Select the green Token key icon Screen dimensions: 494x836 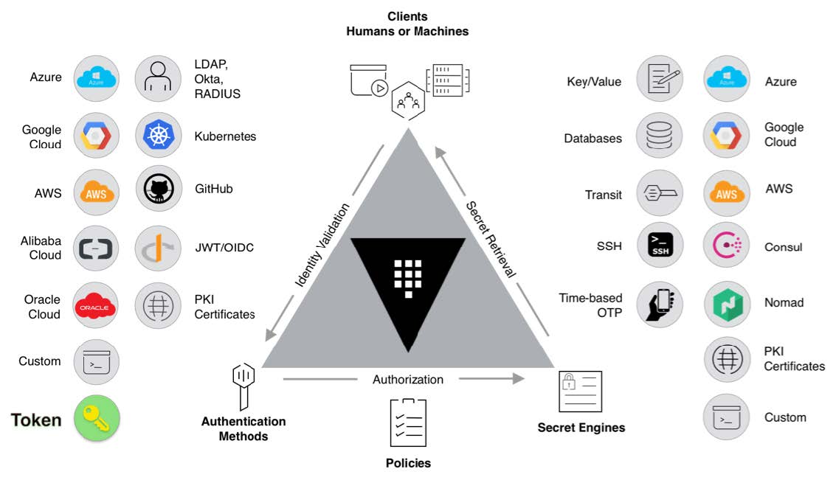pyautogui.click(x=97, y=418)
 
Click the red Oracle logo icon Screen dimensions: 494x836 pyautogui.click(x=97, y=305)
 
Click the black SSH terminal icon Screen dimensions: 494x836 pyautogui.click(x=659, y=246)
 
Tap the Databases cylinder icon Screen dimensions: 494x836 pyautogui.click(x=659, y=137)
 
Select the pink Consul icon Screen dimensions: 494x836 pyautogui.click(x=726, y=246)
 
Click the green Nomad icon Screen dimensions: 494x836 pyautogui.click(x=726, y=303)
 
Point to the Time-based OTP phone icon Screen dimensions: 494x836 pyautogui.click(x=659, y=303)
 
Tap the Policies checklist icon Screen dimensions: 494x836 pyautogui.click(x=408, y=422)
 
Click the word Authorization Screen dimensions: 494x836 pyautogui.click(x=408, y=380)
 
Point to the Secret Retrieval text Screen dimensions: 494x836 pyautogui.click(x=491, y=237)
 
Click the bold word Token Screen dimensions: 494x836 pyautogui.click(x=36, y=420)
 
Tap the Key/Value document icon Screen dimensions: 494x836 pyautogui.click(x=659, y=78)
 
